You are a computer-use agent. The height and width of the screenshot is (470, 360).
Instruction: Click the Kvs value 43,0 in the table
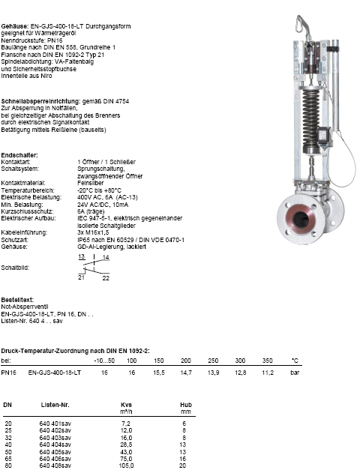(x=126, y=452)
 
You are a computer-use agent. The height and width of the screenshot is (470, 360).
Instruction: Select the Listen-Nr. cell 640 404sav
(x=55, y=445)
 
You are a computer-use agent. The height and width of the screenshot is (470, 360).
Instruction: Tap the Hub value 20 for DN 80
(x=183, y=466)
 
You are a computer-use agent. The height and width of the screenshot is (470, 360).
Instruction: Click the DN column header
(x=7, y=405)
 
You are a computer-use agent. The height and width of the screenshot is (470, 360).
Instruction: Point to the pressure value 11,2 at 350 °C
(x=268, y=373)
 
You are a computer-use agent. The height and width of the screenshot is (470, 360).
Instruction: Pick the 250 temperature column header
(x=213, y=361)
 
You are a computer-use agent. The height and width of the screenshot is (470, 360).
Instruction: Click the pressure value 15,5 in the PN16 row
(x=159, y=373)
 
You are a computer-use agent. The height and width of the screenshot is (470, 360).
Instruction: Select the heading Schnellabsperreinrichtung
(x=40, y=101)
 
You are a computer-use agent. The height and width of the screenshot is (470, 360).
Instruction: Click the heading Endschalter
(x=19, y=155)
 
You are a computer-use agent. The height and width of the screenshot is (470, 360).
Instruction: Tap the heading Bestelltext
(x=17, y=300)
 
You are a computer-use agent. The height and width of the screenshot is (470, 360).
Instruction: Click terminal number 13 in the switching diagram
(x=81, y=256)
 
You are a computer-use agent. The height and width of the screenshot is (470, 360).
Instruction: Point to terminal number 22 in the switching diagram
(x=106, y=278)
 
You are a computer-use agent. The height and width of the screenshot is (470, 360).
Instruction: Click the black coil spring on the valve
(x=310, y=120)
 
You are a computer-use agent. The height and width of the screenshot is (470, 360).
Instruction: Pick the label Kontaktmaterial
(x=23, y=183)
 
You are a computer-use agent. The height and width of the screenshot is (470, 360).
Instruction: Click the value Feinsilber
(x=91, y=183)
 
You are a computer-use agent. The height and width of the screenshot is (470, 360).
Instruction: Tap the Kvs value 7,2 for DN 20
(x=126, y=424)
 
